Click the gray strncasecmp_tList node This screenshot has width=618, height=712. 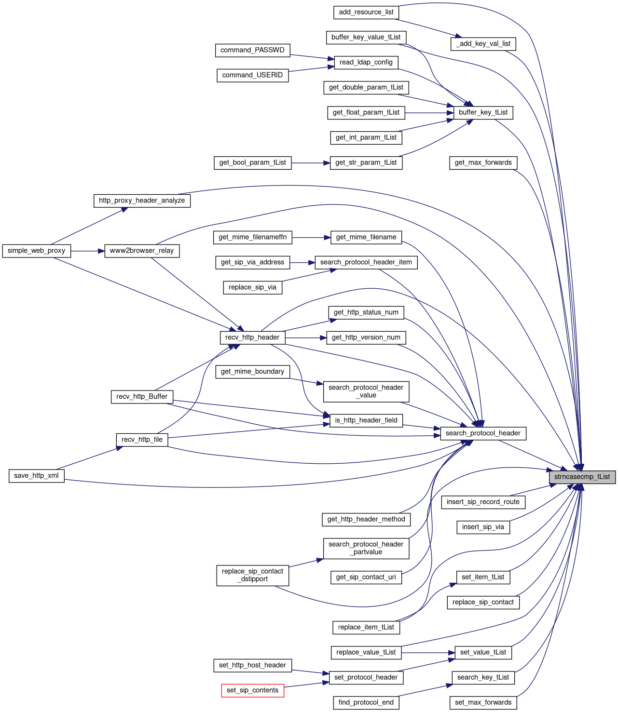point(582,477)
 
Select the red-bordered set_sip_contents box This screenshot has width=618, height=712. point(252,690)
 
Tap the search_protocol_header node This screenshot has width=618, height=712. point(483,433)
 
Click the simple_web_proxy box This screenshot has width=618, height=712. point(37,251)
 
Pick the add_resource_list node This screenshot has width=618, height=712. point(366,12)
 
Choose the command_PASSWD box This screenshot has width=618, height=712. point(252,50)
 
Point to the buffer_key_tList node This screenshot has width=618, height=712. point(483,112)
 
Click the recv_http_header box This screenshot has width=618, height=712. point(252,337)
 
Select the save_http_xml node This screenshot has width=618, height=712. point(37,476)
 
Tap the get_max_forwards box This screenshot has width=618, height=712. point(483,162)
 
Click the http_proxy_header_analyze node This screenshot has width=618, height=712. point(142,201)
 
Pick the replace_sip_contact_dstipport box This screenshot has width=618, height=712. point(252,575)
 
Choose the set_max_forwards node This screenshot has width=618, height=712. point(483,702)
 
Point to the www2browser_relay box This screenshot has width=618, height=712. point(142,251)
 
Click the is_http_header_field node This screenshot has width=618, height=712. point(366,420)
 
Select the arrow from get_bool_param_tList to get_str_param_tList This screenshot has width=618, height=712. point(311,163)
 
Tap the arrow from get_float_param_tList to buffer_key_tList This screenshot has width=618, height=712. point(429,113)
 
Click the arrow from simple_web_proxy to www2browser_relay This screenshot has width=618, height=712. point(88,251)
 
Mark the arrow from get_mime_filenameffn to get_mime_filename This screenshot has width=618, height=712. point(311,238)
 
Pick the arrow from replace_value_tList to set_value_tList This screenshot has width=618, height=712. point(428,653)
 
